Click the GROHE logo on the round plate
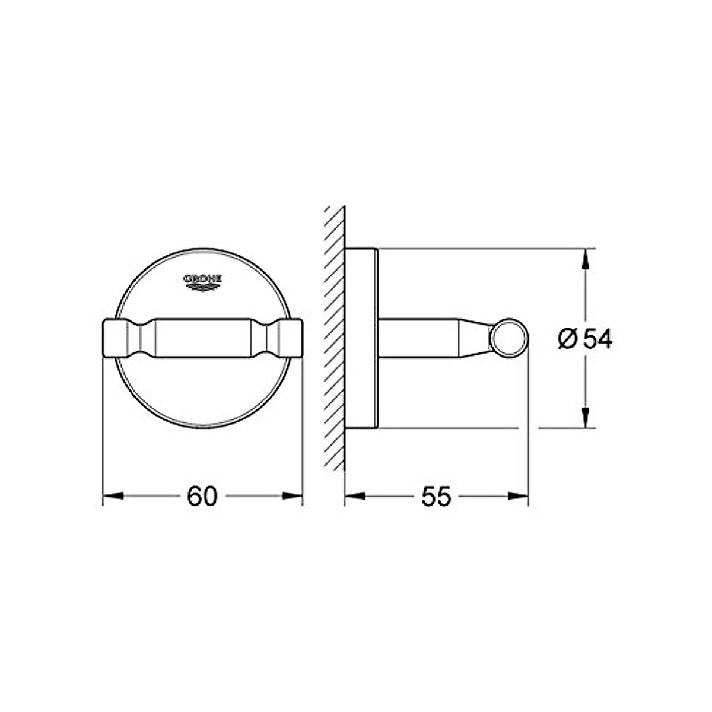[202, 281]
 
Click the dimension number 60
[202, 496]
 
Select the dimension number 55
[436, 496]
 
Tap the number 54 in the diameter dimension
[596, 339]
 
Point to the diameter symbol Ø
[567, 339]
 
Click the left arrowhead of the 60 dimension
[113, 496]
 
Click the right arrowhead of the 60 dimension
[293, 496]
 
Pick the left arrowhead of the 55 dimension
[354, 496]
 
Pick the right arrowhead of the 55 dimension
[518, 496]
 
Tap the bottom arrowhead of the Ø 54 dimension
[586, 418]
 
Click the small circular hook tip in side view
[508, 338]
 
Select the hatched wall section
[335, 338]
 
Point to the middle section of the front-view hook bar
[202, 339]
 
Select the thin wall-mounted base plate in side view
[361, 338]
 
